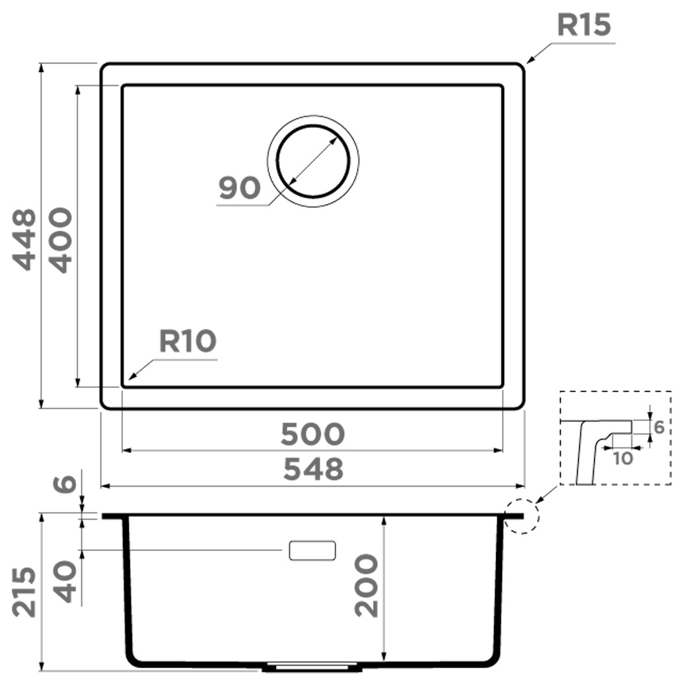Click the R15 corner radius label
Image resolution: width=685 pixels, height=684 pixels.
click(x=584, y=25)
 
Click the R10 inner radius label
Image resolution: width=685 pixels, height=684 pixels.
click(x=188, y=341)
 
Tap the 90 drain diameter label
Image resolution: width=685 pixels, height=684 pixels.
click(x=239, y=188)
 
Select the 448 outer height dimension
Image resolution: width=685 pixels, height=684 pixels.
click(x=24, y=240)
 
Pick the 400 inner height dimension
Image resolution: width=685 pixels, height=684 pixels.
click(x=60, y=240)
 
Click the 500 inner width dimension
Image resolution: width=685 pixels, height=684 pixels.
click(x=313, y=434)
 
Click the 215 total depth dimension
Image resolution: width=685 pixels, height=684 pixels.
click(x=24, y=592)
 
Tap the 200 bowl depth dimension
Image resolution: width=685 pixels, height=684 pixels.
click(x=366, y=585)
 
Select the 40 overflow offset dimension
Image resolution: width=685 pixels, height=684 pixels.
click(x=65, y=582)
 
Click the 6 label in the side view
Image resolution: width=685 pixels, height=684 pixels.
click(x=65, y=483)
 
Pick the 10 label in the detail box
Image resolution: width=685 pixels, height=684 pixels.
click(x=622, y=459)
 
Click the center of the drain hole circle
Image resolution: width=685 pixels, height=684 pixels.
click(x=313, y=161)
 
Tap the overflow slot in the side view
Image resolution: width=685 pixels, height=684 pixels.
click(x=312, y=551)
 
